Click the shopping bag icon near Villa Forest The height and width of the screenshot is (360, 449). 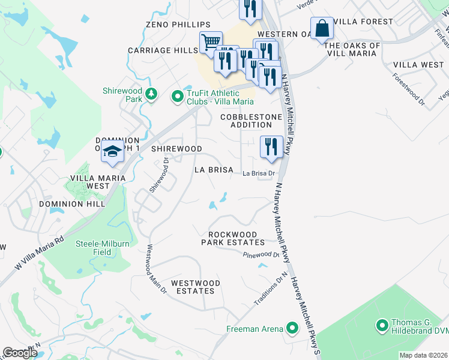point(322,28)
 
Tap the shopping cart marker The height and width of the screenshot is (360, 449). point(211,43)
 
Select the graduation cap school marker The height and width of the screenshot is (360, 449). point(112,152)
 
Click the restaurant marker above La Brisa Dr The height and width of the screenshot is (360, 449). point(271,147)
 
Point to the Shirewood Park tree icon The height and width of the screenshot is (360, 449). point(152,93)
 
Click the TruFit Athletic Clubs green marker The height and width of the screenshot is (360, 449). point(178,96)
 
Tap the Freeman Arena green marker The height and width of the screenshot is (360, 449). point(292,328)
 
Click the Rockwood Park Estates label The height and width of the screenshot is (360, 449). point(237,238)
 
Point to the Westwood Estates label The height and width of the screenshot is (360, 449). point(195,287)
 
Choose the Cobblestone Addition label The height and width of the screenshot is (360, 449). point(246,121)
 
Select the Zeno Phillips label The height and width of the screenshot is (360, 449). point(178,24)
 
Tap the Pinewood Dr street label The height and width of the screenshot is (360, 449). point(262,255)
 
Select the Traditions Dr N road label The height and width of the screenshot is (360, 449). point(270,290)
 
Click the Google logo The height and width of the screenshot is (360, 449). point(20,353)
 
